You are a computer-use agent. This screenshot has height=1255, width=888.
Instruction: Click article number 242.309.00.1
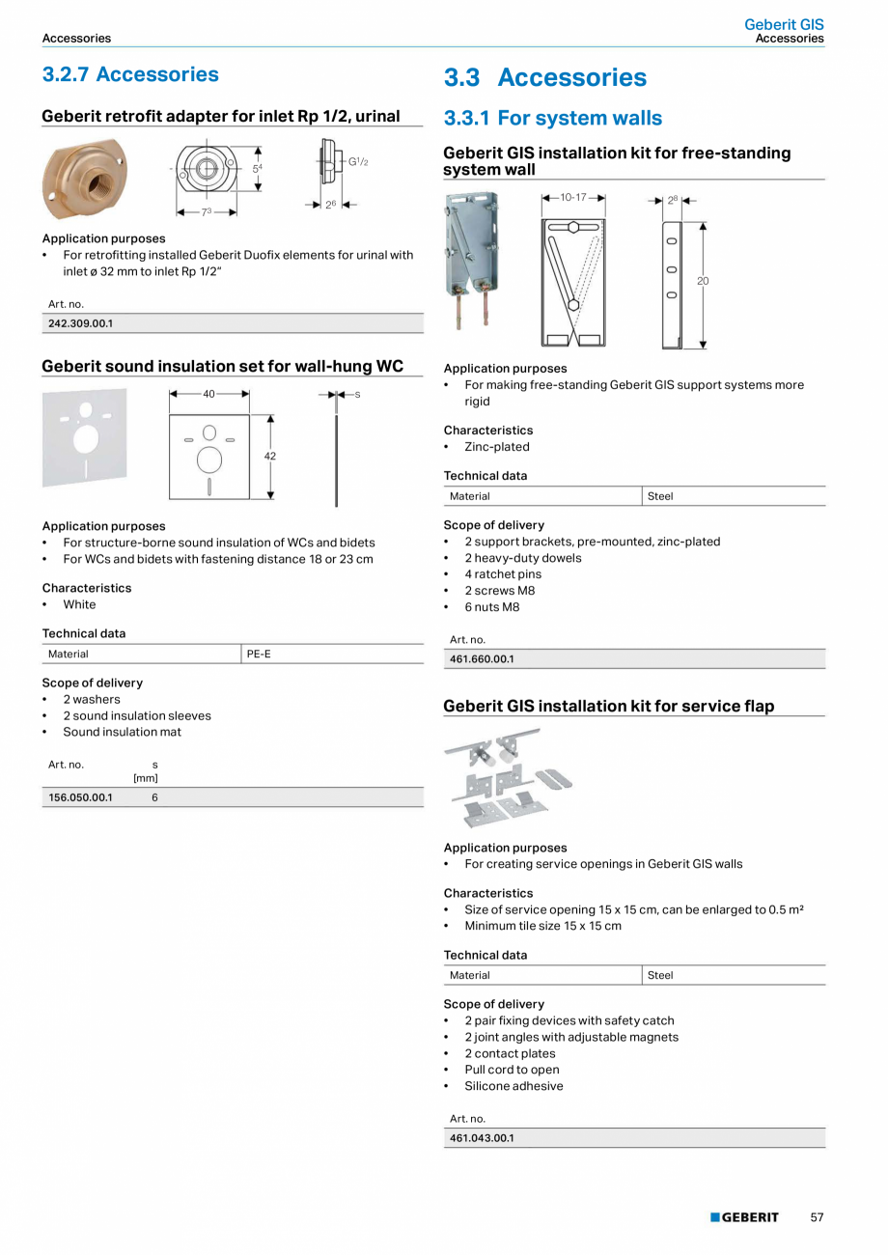pos(80,323)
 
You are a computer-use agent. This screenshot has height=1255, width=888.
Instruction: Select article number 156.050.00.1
pos(80,797)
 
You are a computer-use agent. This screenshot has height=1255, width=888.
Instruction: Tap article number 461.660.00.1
pos(482,659)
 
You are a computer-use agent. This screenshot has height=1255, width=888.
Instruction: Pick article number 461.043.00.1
pos(482,1138)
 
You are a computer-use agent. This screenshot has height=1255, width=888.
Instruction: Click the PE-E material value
pos(259,655)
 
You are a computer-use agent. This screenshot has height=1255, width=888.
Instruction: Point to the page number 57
pos(817,1217)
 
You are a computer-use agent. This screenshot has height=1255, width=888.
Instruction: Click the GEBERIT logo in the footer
pos(744,1217)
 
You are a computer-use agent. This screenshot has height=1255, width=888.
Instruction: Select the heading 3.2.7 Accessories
pos(130,74)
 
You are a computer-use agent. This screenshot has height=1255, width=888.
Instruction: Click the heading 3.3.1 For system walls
pos(552,118)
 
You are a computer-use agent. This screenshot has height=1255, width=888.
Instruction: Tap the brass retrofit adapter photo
pos(84,179)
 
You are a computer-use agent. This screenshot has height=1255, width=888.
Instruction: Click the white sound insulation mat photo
pos(84,437)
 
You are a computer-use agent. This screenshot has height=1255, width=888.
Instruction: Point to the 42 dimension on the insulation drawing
pos(270,456)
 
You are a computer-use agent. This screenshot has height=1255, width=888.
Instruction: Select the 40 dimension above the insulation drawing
pos(208,394)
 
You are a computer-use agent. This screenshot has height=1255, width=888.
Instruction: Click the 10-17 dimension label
pos(573,197)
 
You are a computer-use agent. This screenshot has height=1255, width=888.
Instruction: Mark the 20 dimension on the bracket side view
pos(703,281)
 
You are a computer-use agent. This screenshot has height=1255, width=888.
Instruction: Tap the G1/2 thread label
pos(358,162)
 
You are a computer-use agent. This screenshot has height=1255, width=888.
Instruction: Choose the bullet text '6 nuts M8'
pos(491,607)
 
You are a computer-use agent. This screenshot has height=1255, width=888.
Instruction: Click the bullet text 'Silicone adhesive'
pos(513,1086)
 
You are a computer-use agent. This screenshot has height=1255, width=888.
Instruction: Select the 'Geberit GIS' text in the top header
pos(784,24)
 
